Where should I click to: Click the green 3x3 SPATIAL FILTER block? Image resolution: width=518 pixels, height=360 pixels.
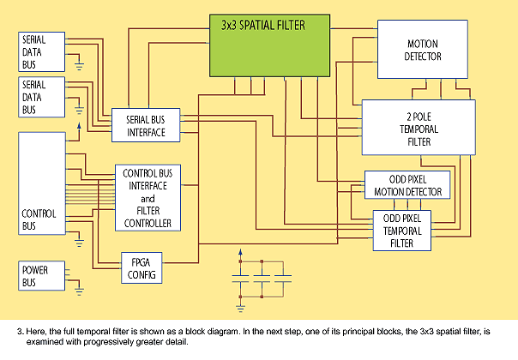tap(269, 45)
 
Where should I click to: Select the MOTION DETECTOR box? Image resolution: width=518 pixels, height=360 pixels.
tap(423, 49)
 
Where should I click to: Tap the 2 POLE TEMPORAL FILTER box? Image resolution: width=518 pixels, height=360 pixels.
tap(419, 128)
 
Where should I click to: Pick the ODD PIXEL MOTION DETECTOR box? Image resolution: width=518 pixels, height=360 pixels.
tap(407, 185)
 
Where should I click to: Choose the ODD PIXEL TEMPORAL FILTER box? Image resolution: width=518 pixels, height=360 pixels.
tap(402, 231)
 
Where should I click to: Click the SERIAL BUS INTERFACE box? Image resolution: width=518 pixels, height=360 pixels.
tap(146, 125)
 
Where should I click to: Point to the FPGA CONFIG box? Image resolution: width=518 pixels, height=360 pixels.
tap(142, 267)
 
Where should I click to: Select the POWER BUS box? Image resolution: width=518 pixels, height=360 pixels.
tap(42, 276)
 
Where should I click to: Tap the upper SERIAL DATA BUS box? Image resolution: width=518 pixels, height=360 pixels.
tap(42, 51)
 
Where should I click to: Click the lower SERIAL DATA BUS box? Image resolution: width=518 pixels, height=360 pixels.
tap(42, 97)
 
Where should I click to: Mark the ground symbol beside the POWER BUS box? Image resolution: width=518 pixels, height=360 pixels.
tap(79, 292)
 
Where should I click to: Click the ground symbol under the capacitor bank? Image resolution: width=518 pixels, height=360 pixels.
tap(240, 309)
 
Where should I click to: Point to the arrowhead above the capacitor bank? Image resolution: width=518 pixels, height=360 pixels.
tap(240, 252)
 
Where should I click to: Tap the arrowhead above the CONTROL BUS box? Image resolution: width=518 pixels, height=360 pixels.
tap(79, 126)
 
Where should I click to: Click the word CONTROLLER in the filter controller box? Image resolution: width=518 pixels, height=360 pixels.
tap(148, 224)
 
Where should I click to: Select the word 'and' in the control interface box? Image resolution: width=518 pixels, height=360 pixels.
tap(148, 199)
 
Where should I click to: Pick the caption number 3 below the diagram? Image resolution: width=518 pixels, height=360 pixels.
tap(20, 331)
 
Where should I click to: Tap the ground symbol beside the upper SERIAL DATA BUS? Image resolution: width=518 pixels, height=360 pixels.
tap(79, 66)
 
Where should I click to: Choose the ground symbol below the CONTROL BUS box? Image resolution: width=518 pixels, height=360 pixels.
tap(79, 243)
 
